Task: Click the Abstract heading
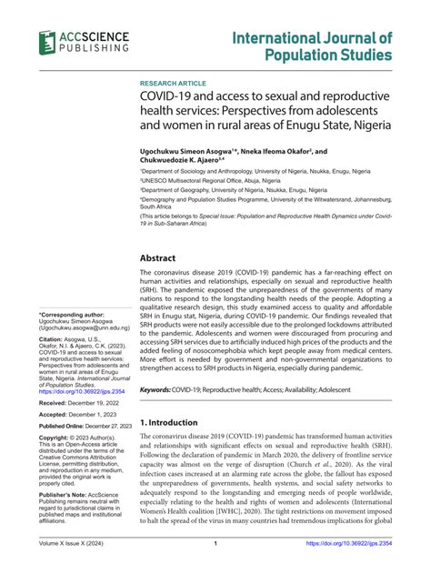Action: tap(161, 257)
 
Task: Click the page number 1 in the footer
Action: tap(215, 570)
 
